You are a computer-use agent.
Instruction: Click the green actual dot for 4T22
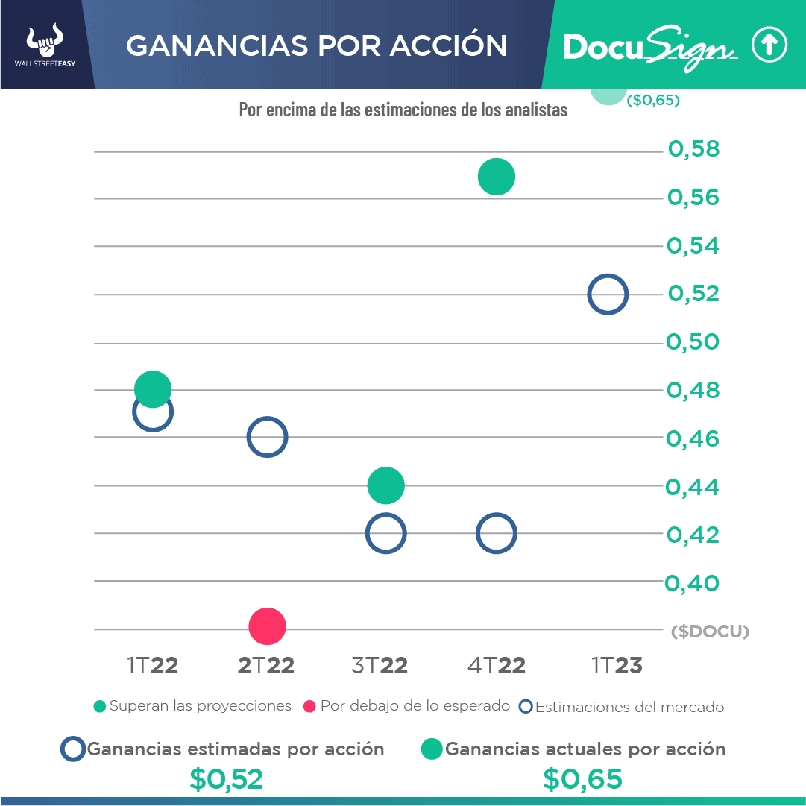pyautogui.click(x=497, y=177)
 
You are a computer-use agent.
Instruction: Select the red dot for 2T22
pyautogui.click(x=267, y=626)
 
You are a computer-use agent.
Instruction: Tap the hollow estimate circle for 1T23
pyautogui.click(x=608, y=295)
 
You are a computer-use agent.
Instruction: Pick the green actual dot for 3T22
pyautogui.click(x=385, y=486)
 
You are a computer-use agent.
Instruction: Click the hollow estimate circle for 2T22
pyautogui.click(x=267, y=438)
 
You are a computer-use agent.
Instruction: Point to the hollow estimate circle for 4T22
pyautogui.click(x=496, y=534)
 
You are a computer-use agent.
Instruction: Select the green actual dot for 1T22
pyautogui.click(x=153, y=388)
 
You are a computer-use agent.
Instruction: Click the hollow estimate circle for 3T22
pyautogui.click(x=385, y=534)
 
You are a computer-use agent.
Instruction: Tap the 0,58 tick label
pyautogui.click(x=693, y=150)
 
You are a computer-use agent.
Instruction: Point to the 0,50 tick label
pyautogui.click(x=693, y=342)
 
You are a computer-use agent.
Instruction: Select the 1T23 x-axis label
pyautogui.click(x=617, y=666)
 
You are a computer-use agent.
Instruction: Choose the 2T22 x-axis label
pyautogui.click(x=266, y=666)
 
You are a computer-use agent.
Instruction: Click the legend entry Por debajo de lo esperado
pyautogui.click(x=407, y=706)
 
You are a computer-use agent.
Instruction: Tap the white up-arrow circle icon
pyautogui.click(x=769, y=46)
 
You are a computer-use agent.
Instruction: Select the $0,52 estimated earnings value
pyautogui.click(x=226, y=779)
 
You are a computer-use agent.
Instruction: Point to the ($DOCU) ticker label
pyautogui.click(x=709, y=632)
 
